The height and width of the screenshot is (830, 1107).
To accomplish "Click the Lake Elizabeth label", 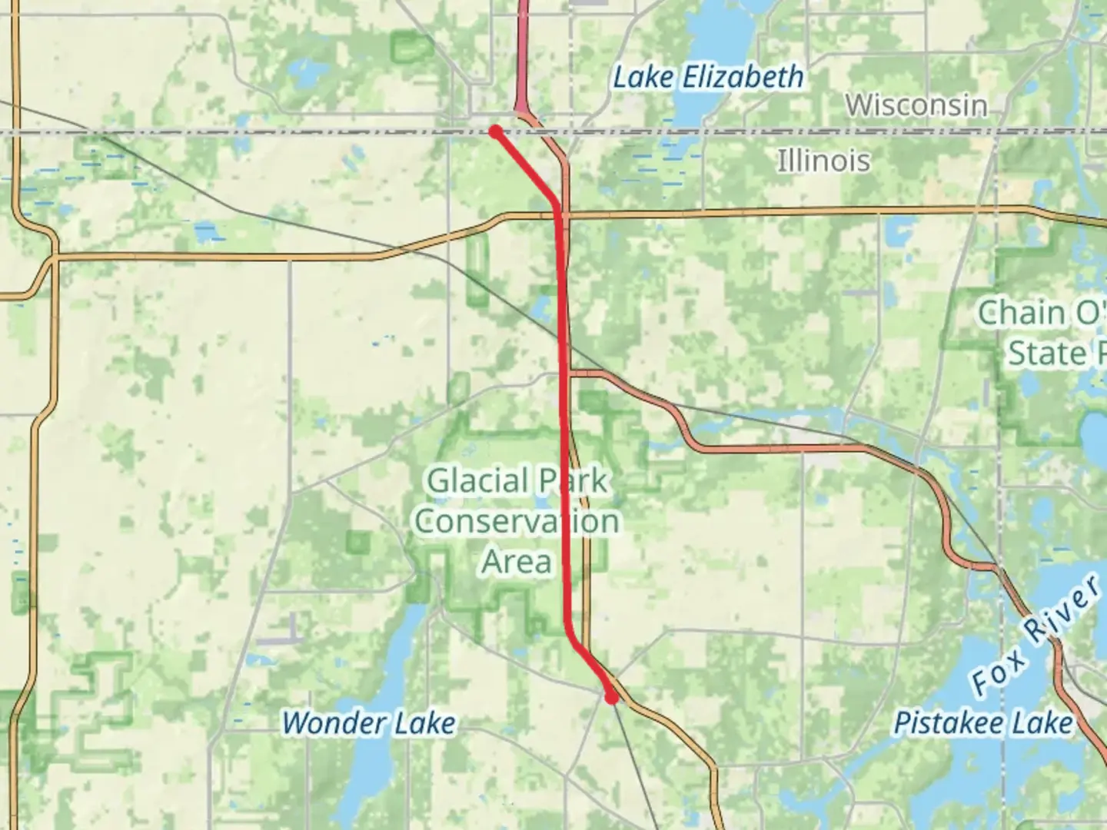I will tap(708, 77).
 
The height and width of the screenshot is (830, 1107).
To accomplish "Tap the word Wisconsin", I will tap(916, 105).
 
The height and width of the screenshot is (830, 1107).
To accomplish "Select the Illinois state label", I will tap(823, 161).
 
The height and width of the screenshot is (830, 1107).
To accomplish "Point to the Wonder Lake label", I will tap(368, 723).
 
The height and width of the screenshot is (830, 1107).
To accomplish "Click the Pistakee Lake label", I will tap(982, 723).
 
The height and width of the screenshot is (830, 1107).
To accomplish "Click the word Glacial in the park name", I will tap(470, 482).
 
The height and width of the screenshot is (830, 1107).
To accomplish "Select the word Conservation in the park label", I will tap(517, 522).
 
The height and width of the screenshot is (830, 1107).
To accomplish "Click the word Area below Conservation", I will tap(517, 562).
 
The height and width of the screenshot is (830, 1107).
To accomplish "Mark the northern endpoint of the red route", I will tap(496, 131).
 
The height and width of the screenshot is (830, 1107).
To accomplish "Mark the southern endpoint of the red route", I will tap(611, 698).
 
